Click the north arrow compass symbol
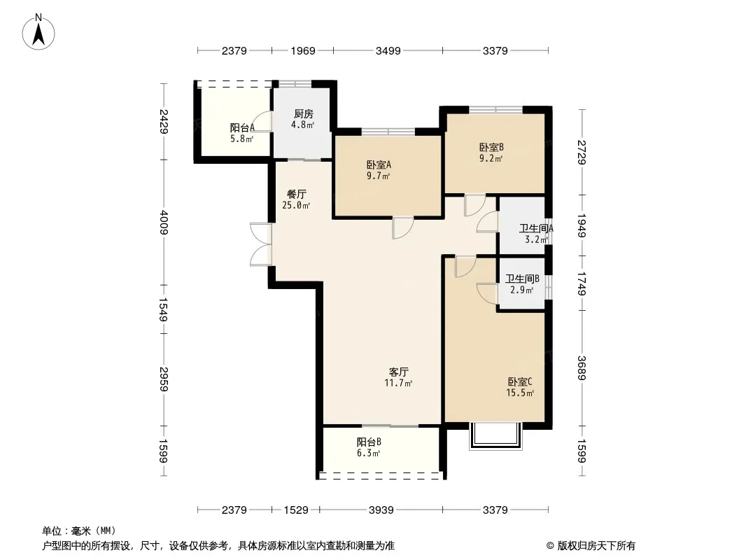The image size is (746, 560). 38,32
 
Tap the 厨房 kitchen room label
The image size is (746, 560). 304,113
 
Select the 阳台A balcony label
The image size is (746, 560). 242,127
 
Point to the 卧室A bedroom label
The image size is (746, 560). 379,165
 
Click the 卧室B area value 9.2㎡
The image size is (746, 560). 491,158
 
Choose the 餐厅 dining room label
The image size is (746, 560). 297,194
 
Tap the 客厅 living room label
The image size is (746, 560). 399,372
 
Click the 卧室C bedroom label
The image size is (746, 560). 520,381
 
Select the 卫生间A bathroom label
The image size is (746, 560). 536,228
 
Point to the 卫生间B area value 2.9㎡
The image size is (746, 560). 522,290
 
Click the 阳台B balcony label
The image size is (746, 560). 369,442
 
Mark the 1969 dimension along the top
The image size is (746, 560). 303,50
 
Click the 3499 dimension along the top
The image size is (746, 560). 388,50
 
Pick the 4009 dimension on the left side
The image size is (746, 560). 164,222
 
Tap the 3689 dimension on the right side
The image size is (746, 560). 582,367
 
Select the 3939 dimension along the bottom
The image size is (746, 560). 381,510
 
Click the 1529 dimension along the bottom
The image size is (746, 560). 296,510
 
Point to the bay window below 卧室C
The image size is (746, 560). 495,436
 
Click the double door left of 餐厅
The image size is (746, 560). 261,244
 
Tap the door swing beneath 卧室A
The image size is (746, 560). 403,227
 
